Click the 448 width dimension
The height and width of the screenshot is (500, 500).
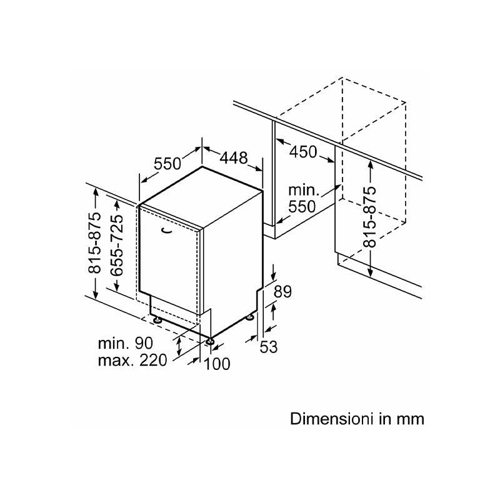pos(232,158)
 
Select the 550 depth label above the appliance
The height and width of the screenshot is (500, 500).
pos(167,164)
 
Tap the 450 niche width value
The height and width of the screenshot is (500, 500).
pos(303,151)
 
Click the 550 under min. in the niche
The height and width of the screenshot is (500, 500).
pos(303,207)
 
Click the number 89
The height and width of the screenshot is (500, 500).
pos(283,292)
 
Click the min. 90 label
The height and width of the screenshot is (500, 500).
pos(125,343)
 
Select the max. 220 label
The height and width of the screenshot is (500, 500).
pos(132,361)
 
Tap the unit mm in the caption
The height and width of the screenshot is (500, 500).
pos(409,418)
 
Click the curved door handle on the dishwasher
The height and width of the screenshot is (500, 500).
pos(167,231)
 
